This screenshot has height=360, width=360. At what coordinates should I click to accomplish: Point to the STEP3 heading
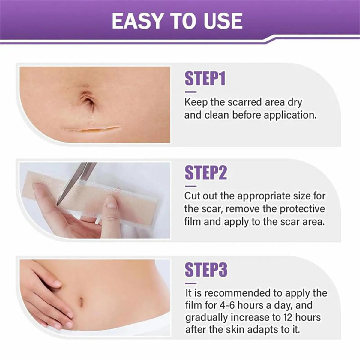click(x=206, y=270)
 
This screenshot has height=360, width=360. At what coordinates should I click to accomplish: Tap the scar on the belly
click(x=93, y=128)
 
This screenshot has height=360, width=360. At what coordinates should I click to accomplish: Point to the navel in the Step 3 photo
click(x=82, y=301)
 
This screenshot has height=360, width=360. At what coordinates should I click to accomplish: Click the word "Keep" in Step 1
click(x=196, y=103)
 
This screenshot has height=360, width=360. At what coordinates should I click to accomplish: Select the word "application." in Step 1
click(x=290, y=115)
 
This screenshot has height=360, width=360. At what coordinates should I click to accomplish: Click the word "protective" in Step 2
click(x=302, y=209)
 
